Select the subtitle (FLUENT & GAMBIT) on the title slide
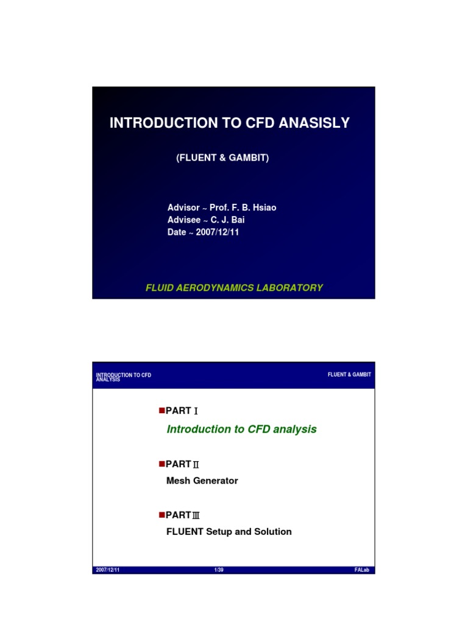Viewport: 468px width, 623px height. coord(222,158)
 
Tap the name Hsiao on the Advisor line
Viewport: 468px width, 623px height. coord(263,207)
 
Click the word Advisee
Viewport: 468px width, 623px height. coord(183,220)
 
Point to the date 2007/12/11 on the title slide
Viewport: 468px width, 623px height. coord(218,232)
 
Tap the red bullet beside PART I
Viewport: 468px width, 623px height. coord(161,410)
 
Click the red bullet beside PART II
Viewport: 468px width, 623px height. coord(161,463)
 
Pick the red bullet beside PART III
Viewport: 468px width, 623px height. coord(161,514)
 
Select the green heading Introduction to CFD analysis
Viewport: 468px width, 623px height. coord(241,430)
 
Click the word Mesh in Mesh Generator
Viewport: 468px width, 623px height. coord(179,481)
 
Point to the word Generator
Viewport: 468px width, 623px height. coord(216,481)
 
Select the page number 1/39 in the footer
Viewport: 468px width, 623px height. coord(219,570)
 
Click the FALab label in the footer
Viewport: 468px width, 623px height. coord(363,570)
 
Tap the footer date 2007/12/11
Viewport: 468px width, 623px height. coord(107,570)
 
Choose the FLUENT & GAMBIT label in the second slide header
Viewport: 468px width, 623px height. coord(349,375)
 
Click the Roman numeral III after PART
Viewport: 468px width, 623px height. coord(196,515)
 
